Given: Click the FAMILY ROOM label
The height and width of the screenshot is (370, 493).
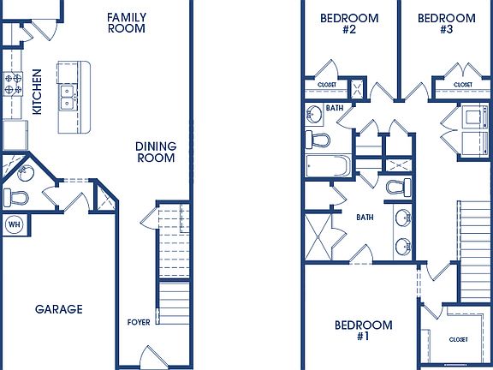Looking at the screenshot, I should (x=127, y=22).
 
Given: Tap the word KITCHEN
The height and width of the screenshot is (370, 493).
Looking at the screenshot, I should (x=37, y=92).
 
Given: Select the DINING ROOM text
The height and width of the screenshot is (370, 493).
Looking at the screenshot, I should (x=156, y=152).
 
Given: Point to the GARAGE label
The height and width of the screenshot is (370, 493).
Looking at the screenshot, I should (x=59, y=309).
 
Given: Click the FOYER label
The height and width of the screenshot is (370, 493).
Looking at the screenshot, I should (x=138, y=323).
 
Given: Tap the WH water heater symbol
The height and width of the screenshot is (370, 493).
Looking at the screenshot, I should (x=15, y=224).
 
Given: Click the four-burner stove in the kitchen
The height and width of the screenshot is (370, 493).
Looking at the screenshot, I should (x=14, y=84).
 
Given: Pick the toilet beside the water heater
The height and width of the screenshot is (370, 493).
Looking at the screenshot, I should (x=15, y=198).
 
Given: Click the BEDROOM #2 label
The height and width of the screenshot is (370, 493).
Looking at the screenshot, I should (x=337, y=23).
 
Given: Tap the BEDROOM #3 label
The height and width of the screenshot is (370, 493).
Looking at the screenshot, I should (x=447, y=23).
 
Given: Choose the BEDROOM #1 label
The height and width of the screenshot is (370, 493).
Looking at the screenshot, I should (x=363, y=331).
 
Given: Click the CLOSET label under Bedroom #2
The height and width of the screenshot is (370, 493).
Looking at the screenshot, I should (x=327, y=85).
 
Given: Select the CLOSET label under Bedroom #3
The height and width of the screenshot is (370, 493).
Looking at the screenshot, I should (x=462, y=85).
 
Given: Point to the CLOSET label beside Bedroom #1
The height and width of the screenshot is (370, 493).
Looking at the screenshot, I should (x=458, y=340).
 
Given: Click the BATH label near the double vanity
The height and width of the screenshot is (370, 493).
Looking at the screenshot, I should (x=365, y=218).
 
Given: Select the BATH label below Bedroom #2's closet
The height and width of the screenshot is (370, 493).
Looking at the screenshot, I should (x=335, y=109).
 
